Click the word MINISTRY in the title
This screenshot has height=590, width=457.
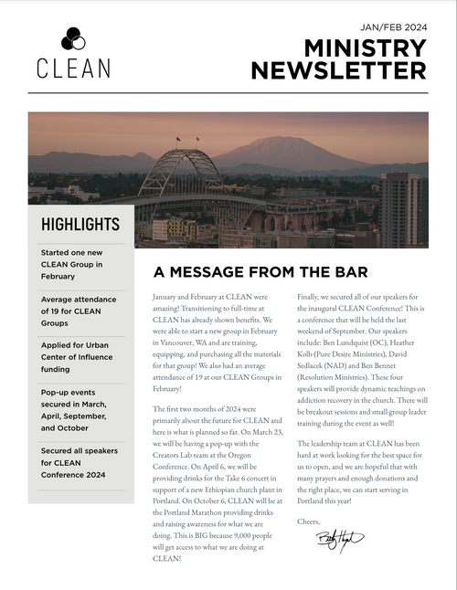pyautogui.click(x=365, y=48)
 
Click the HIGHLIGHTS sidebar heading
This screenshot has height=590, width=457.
pyautogui.click(x=80, y=225)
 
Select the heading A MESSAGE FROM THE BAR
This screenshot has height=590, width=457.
pyautogui.click(x=260, y=272)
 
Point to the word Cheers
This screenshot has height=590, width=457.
pyautogui.click(x=310, y=522)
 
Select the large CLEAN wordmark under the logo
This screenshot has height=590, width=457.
pyautogui.click(x=74, y=68)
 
